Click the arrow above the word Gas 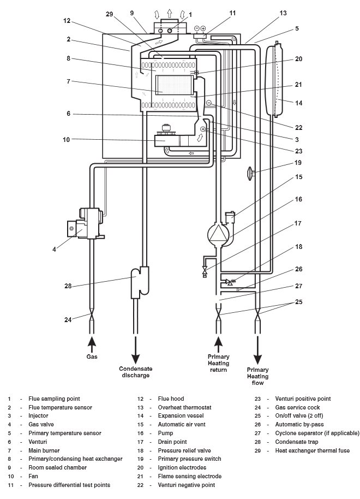click(x=92, y=343)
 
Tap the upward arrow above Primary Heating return click(x=219, y=343)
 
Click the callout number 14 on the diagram click(x=298, y=103)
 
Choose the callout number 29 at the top click(x=109, y=14)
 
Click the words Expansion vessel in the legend click(x=178, y=415)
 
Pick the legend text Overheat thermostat click(x=181, y=407)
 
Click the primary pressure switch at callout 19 click(x=250, y=175)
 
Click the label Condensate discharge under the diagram click(x=134, y=371)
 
